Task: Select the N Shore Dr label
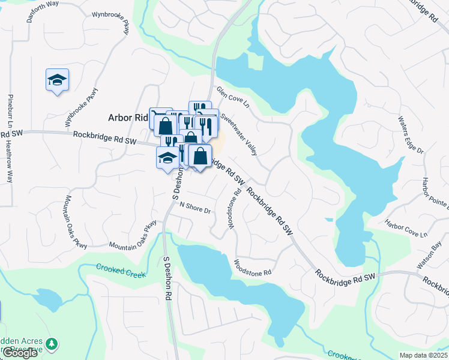click(196, 208)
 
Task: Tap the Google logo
click(20, 353)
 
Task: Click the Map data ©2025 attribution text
click(423, 355)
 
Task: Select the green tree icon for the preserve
click(52, 344)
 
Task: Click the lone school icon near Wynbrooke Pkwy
click(58, 80)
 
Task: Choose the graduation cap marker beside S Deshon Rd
click(167, 158)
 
